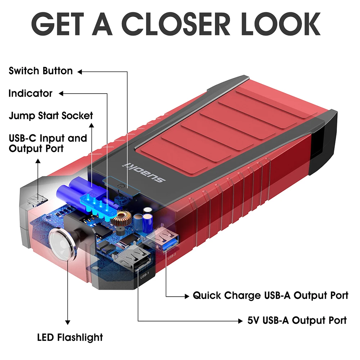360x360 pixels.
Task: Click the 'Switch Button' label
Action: [x=41, y=71]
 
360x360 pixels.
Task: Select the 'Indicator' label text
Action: [x=30, y=94]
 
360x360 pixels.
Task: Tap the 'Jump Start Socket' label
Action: [x=51, y=116]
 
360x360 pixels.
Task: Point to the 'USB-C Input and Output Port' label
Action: [x=48, y=143]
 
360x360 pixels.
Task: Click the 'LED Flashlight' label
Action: [x=70, y=338]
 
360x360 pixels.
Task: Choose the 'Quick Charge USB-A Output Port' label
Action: [x=270, y=296]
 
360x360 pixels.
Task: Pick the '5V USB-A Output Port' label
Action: [x=297, y=320]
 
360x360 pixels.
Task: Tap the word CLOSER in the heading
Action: [x=176, y=24]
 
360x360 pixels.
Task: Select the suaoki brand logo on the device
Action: [x=144, y=172]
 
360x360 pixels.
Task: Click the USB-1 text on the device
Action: [x=144, y=275]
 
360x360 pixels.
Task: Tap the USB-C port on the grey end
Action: [x=37, y=200]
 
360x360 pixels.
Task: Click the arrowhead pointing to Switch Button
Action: [x=80, y=72]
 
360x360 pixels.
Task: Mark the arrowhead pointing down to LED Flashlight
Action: [x=68, y=323]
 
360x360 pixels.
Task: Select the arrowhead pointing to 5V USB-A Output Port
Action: [x=240, y=321]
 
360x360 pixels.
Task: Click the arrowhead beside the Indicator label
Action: [x=61, y=94]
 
